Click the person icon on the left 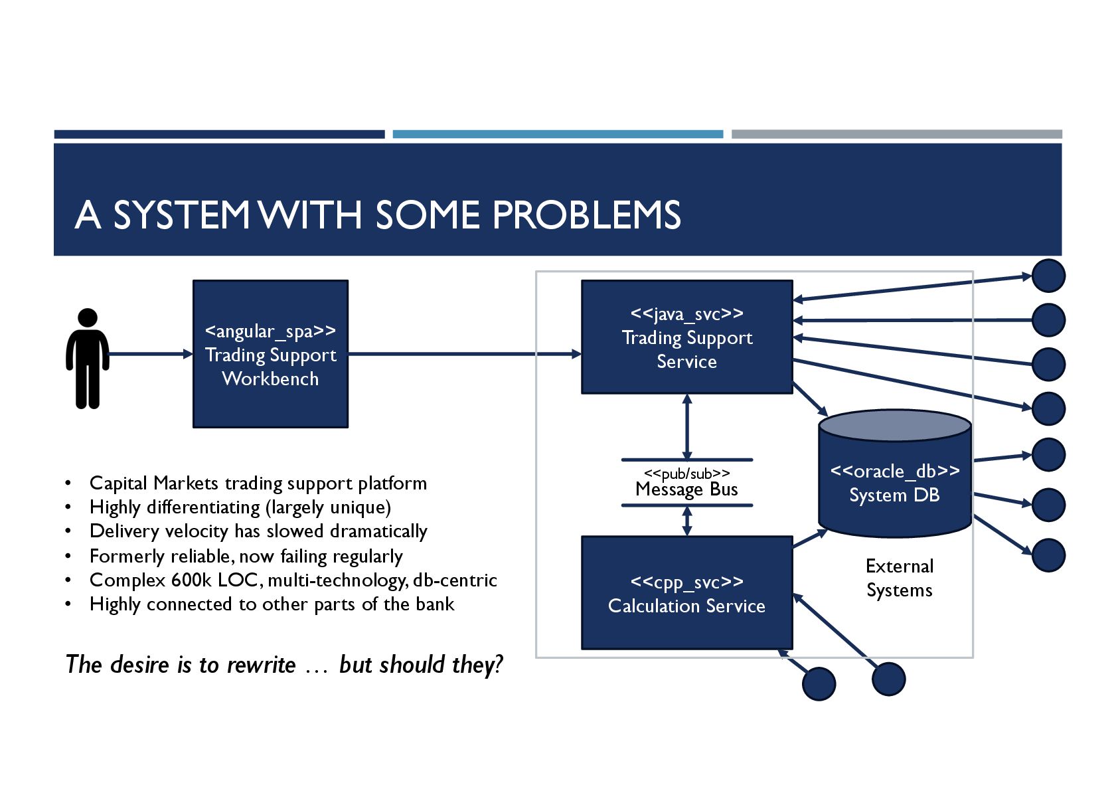[87, 359]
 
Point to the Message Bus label [686, 489]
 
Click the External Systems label [900, 578]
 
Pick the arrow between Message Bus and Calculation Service [687, 521]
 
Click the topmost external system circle [1048, 276]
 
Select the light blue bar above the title [558, 134]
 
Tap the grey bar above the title [896, 134]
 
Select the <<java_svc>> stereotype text [686, 313]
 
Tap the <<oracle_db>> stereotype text [894, 471]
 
